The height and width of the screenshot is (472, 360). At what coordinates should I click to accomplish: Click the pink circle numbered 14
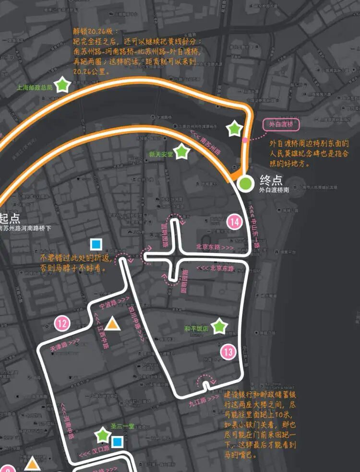tap(234, 222)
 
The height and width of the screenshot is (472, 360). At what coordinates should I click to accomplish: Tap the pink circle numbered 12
tap(62, 323)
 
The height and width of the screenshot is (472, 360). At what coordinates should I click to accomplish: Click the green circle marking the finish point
tap(246, 183)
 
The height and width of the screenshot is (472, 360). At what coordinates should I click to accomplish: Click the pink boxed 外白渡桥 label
tap(281, 125)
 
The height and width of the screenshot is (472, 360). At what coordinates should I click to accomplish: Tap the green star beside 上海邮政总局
tap(62, 85)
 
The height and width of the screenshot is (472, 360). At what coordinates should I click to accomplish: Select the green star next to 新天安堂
tap(182, 152)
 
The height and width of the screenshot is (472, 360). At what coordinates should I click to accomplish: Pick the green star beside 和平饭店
tap(219, 326)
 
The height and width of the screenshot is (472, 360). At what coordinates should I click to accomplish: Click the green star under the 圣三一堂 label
tap(103, 436)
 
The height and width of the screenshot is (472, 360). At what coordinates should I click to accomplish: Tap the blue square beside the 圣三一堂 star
tap(117, 441)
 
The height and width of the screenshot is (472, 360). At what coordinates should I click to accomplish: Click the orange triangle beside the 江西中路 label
tap(112, 324)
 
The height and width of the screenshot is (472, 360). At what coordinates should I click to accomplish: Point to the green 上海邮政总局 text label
tap(34, 88)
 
